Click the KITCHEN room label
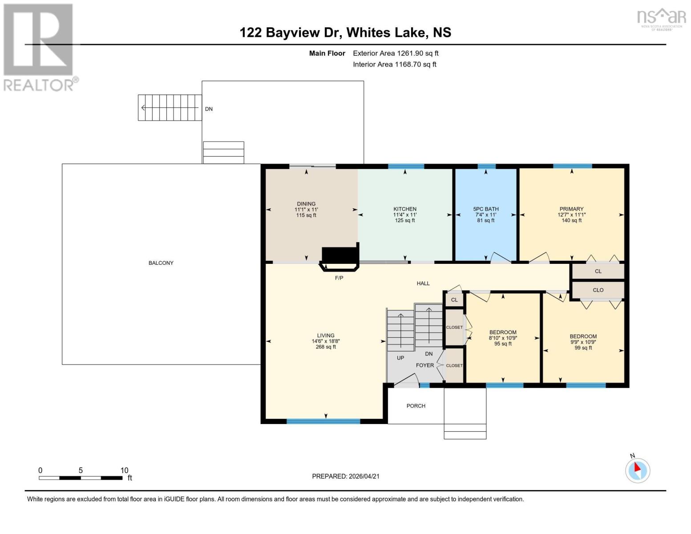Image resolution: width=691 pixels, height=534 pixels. tap(405, 209)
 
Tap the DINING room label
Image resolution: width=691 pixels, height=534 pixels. tap(306, 204)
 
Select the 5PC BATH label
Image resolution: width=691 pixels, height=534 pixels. tap(485, 209)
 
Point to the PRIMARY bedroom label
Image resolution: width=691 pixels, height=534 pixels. tap(571, 209)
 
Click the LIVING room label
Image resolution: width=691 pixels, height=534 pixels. tap(326, 335)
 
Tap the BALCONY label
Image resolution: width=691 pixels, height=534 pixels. tap(161, 263)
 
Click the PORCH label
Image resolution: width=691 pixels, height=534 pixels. tap(416, 406)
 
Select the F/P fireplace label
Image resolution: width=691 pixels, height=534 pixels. tap(339, 278)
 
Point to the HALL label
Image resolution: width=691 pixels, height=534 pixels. tap(423, 283)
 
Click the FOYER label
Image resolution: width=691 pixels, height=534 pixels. tap(425, 365)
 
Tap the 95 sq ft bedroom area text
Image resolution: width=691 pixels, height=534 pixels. tap(503, 344)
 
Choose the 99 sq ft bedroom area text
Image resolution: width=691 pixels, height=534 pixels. tap(583, 348)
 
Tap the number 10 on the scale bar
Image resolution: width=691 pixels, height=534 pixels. tap(124, 470)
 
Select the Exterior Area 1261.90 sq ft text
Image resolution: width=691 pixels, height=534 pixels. tap(396, 53)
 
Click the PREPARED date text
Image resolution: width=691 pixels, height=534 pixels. tap(346, 476)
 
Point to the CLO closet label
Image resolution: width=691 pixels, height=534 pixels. tap(598, 290)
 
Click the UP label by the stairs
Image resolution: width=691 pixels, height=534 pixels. tap(400, 358)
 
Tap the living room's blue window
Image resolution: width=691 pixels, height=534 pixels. tap(323, 421)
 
